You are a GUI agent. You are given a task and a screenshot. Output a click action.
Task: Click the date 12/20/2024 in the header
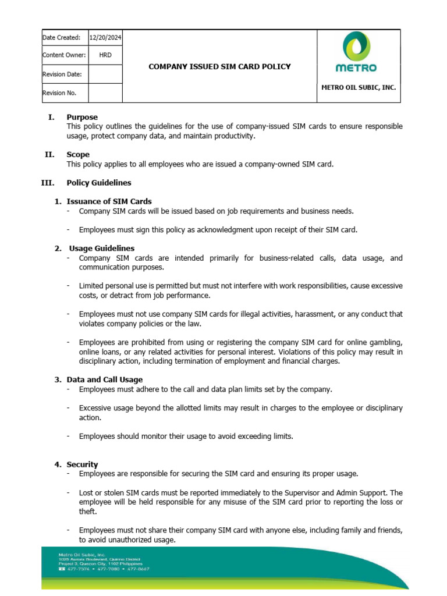(105, 38)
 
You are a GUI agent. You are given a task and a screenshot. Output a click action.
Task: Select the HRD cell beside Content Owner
(105, 55)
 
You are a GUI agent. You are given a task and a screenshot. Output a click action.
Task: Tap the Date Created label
(61, 38)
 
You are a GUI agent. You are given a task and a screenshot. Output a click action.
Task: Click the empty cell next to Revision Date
(105, 74)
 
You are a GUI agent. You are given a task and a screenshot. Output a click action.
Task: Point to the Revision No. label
(59, 93)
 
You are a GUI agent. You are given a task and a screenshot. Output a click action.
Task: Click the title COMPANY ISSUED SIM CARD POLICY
(219, 67)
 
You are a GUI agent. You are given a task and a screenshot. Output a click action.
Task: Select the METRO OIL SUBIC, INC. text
(359, 87)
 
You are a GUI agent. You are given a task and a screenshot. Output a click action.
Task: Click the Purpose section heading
(82, 117)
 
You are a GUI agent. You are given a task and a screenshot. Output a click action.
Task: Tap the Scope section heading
(78, 155)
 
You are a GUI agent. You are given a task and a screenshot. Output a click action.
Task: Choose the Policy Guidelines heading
(99, 183)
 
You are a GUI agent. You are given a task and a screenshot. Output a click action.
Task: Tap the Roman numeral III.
(47, 183)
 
